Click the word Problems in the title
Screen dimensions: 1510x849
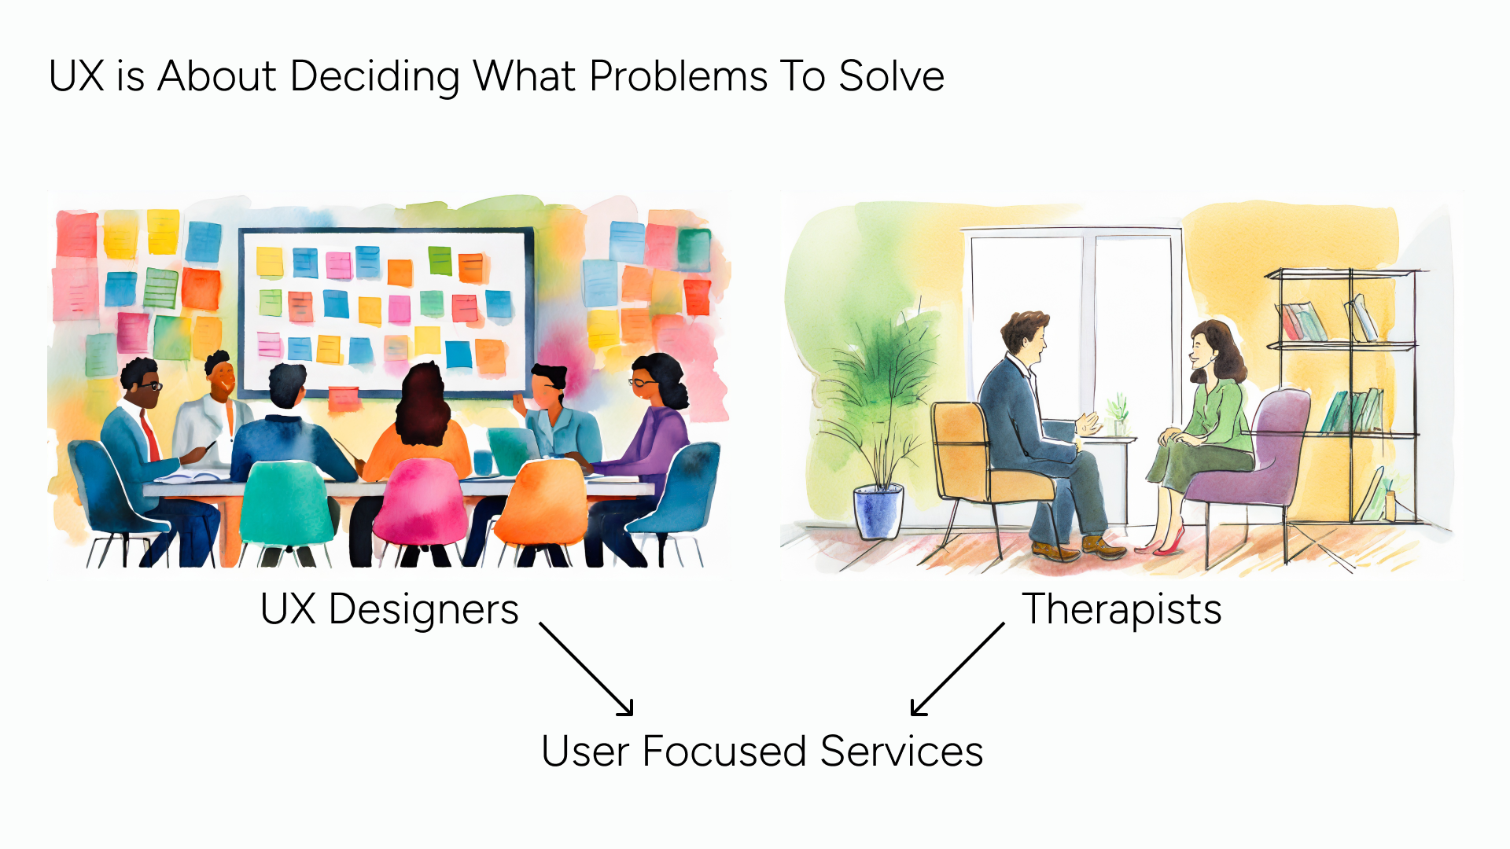678,77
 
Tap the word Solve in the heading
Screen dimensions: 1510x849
891,77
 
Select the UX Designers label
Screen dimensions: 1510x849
389,609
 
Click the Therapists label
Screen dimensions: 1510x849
1121,609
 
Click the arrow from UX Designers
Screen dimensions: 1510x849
587,669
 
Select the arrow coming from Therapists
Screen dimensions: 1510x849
957,669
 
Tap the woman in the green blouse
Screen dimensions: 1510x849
1207,424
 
